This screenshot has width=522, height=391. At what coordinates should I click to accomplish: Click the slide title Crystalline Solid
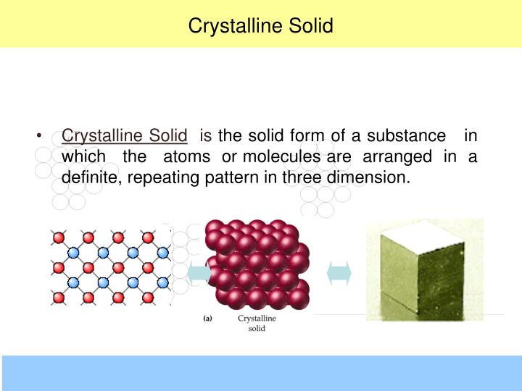(260, 26)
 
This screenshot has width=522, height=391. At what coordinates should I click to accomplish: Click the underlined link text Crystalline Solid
(125, 135)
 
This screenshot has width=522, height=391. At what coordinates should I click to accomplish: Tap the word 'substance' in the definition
(406, 135)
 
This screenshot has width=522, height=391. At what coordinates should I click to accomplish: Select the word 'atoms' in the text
(187, 156)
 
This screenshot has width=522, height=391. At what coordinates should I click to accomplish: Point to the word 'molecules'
(283, 156)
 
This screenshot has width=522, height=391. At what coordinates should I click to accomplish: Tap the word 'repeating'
(158, 177)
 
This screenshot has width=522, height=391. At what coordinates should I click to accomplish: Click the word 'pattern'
(223, 177)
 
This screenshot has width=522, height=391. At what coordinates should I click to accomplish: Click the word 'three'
(302, 177)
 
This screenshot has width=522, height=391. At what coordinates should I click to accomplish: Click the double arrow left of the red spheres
(198, 274)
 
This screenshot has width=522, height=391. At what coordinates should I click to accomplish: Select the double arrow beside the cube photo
(339, 273)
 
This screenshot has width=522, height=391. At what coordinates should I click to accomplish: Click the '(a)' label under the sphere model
(207, 318)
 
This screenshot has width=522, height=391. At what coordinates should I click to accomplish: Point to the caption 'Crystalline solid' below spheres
(257, 323)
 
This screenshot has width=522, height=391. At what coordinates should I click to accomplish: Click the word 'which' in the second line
(84, 156)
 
